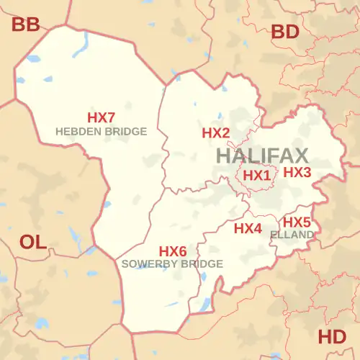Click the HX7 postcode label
[102, 117]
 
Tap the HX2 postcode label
[215, 133]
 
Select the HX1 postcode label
[256, 175]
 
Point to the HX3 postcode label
[297, 173]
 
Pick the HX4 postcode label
[248, 228]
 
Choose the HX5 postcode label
[297, 222]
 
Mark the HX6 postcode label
[173, 251]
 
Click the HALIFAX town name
[261, 156]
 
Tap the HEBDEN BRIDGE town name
[102, 132]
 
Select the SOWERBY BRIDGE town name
[173, 264]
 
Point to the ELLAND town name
[292, 235]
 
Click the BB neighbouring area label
[26, 26]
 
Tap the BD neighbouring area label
[284, 32]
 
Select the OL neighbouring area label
[32, 242]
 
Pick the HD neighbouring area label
[332, 336]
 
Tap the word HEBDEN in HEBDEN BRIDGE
[76, 132]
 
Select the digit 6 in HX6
[183, 251]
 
